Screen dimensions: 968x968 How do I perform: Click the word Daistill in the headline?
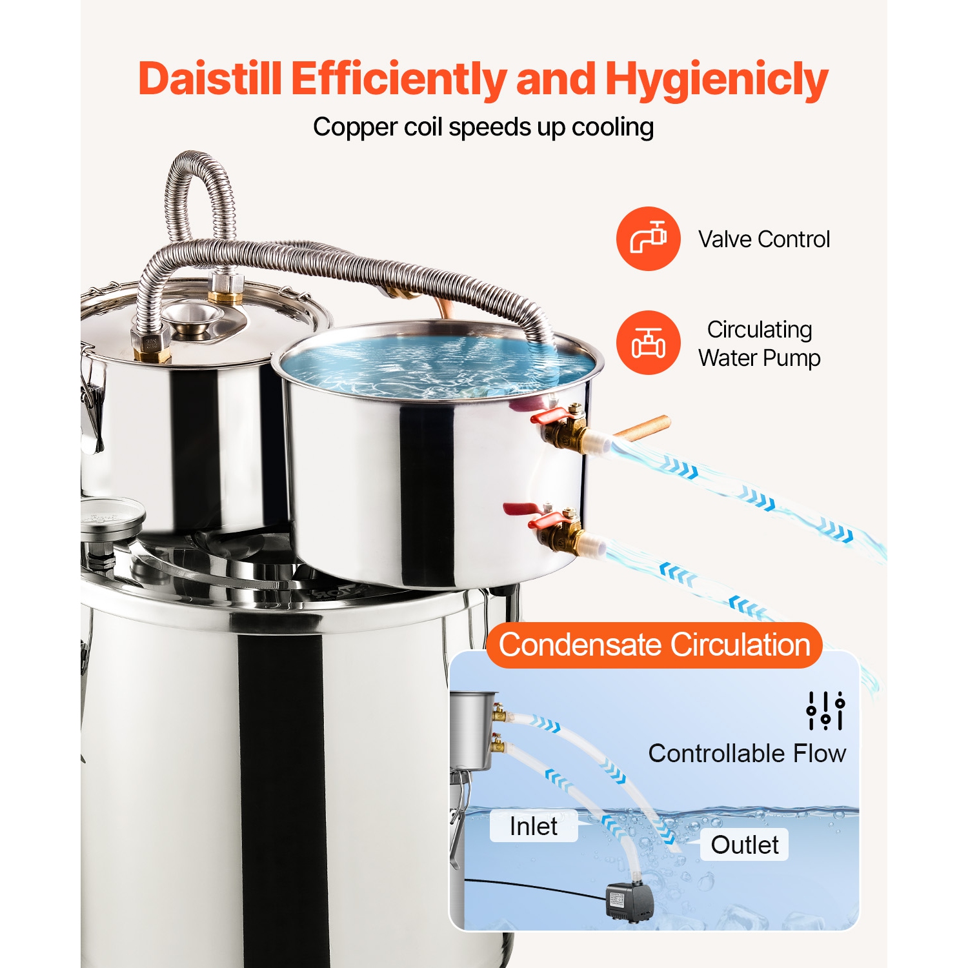pos(210,79)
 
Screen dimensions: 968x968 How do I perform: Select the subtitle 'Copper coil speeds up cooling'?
pos(483,127)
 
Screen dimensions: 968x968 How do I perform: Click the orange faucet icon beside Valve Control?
pos(648,239)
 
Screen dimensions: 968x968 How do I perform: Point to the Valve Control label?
pos(764,239)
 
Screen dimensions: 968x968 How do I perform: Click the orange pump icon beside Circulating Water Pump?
pos(648,343)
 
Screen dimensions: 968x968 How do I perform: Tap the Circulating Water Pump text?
pos(760,343)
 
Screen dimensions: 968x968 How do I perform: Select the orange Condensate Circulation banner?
pos(654,645)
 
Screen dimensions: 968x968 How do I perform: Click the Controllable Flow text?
pos(747,753)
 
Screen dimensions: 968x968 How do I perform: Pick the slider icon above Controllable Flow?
pos(825,711)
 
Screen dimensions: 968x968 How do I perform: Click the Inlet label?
pos(533,826)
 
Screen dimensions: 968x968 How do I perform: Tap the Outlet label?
pos(744,845)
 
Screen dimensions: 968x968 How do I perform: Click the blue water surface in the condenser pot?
pos(439,361)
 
